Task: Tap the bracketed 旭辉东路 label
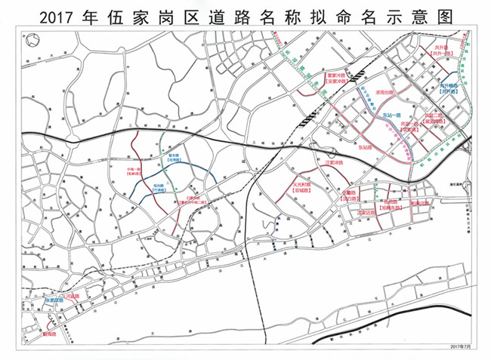click(391, 208)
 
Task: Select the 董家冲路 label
click(335, 75)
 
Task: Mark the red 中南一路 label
click(134, 168)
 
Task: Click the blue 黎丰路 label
click(173, 156)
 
